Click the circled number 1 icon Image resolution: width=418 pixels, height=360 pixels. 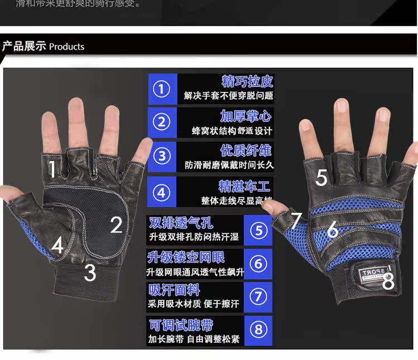click(x=162, y=89)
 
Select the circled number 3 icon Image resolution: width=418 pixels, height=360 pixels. click(x=162, y=156)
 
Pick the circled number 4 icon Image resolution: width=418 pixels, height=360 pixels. click(x=162, y=193)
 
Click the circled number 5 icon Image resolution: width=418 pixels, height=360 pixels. click(x=258, y=230)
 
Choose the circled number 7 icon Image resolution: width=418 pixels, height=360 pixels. click(x=258, y=296)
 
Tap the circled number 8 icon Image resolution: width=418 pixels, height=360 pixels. click(x=258, y=330)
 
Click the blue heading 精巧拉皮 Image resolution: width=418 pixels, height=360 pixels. click(x=247, y=81)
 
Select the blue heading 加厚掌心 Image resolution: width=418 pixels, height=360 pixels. click(x=245, y=116)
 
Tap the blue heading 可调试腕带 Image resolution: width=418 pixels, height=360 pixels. click(x=181, y=325)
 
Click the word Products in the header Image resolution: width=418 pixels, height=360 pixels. click(x=66, y=47)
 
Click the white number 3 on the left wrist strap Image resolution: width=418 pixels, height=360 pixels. click(x=90, y=273)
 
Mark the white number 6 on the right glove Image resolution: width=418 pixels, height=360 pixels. click(x=332, y=229)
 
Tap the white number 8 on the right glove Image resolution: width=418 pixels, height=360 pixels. click(x=388, y=282)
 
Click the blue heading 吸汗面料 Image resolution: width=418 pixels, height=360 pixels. click(x=174, y=290)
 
